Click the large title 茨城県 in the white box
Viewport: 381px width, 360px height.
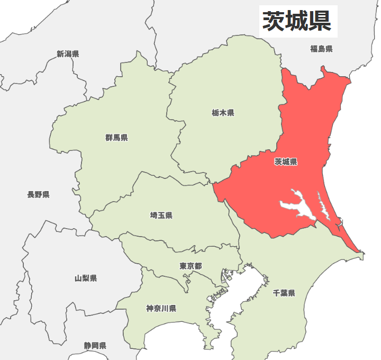(297, 21)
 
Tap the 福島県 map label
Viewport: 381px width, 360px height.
(321, 49)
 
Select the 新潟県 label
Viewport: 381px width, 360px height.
(68, 53)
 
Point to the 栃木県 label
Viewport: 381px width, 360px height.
(223, 113)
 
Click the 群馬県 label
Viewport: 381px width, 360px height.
(116, 138)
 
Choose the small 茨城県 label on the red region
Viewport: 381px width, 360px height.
(286, 162)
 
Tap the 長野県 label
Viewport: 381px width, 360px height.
(38, 194)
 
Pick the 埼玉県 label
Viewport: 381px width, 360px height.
(161, 215)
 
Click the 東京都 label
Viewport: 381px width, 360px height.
(190, 265)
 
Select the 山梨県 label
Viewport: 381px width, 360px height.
(86, 278)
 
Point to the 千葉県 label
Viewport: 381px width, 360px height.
(284, 293)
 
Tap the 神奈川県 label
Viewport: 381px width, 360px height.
(161, 308)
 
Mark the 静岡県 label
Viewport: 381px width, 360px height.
(95, 345)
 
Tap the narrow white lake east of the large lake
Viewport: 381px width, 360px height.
(322, 206)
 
